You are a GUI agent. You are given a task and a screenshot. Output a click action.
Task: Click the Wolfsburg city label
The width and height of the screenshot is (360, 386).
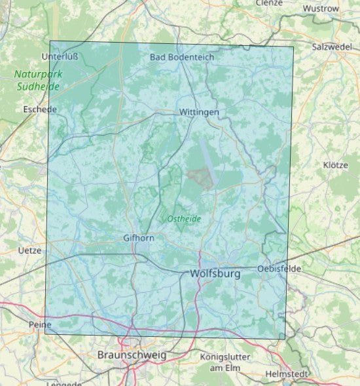coord(215,273)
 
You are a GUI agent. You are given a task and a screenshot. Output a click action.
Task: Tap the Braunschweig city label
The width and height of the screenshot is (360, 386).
coord(132,355)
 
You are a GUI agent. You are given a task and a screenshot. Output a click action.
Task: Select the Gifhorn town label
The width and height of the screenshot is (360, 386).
coord(139,238)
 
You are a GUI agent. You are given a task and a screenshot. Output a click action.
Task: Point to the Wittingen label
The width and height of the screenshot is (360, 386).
coord(199,113)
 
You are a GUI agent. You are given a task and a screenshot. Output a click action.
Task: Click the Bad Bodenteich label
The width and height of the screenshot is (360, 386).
coord(182,57)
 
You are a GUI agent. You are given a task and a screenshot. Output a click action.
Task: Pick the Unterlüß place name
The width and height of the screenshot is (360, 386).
coord(60,56)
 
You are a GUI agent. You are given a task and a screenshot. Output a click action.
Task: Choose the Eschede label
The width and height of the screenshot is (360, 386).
coord(40,109)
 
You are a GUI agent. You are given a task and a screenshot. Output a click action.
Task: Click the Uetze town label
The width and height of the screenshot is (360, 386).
coord(30,250)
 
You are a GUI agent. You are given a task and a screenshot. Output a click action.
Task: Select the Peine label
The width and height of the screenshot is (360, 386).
coord(40,324)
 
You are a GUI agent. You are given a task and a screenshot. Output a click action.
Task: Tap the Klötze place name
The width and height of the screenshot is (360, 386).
coord(335,165)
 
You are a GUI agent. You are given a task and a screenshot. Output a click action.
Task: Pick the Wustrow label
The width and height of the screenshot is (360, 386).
coord(321,9)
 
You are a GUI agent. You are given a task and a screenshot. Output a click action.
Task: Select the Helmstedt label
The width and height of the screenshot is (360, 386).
coord(286,374)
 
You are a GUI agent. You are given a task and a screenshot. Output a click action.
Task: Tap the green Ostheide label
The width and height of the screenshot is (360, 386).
coord(185,219)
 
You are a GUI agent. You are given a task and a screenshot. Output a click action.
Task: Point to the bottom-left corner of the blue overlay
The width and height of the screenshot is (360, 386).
coord(45,333)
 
